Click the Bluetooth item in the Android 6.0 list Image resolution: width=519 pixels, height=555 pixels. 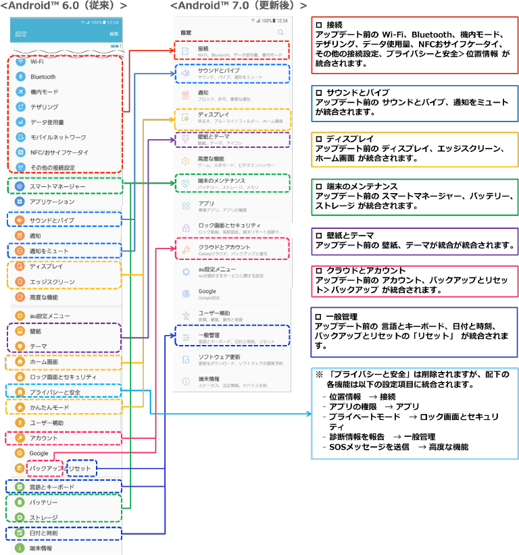coord(43,77)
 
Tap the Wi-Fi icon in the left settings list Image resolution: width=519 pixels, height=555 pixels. coord(20,61)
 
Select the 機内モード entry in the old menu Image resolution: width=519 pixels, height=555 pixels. coord(45,92)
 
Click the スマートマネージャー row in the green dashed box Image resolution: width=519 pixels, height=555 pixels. coord(57,186)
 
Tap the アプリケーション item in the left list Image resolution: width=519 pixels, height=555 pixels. coord(52,202)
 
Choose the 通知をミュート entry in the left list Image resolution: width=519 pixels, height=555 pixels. coord(49,251)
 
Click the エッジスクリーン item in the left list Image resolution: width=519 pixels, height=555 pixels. coord(52,282)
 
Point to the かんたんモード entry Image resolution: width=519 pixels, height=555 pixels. coord(49,408)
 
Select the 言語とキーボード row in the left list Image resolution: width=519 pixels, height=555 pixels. coord(51,487)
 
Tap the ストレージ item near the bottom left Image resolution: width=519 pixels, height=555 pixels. coord(43,518)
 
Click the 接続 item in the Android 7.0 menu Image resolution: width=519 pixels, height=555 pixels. coord(203,49)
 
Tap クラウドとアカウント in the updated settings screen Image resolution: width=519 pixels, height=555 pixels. coord(224,248)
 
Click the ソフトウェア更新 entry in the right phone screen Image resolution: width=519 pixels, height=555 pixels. coord(219,356)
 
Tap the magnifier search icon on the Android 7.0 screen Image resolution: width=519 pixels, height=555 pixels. coord(281,32)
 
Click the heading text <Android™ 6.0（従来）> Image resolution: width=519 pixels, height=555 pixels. coord(64,6)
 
